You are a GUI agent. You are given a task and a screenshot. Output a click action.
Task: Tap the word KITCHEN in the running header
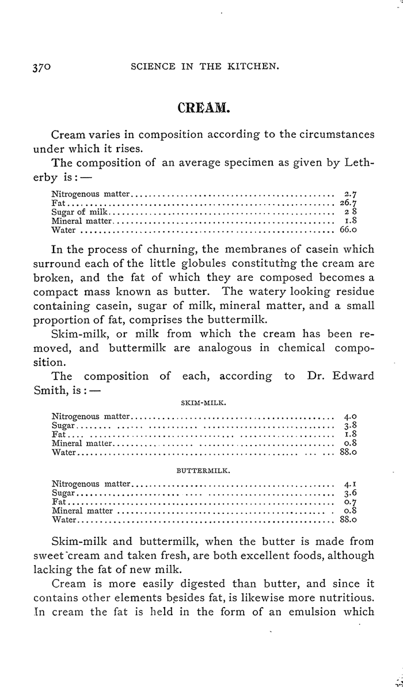253,67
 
